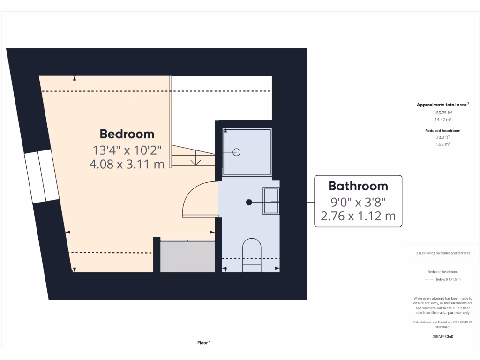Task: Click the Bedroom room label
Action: [127, 134]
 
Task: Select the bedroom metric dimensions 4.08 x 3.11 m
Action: [127, 164]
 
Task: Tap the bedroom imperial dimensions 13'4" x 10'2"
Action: [127, 150]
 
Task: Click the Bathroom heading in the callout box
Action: [358, 186]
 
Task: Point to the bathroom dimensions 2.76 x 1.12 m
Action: [358, 216]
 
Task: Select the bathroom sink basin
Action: [271, 201]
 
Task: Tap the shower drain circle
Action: [237, 152]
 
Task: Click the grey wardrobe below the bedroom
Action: [187, 256]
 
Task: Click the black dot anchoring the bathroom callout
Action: [249, 202]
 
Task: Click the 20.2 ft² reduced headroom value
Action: [442, 138]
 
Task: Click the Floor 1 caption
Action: [204, 343]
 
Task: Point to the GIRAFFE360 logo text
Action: [442, 336]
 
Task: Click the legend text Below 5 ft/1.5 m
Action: [448, 279]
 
